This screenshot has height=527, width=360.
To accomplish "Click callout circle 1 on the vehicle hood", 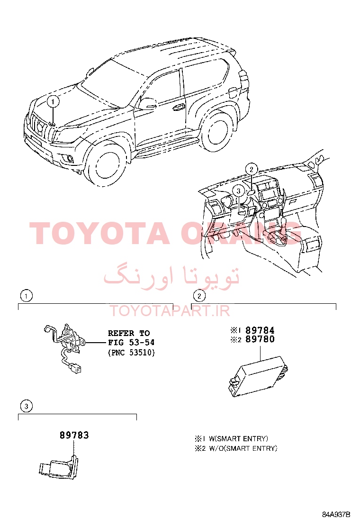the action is (53, 101).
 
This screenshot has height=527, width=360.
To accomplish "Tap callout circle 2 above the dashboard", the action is (252, 169).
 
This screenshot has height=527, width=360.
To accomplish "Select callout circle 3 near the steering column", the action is (238, 191).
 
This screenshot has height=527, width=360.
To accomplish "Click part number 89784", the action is (260, 330).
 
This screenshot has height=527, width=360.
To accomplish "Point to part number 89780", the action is (260, 339).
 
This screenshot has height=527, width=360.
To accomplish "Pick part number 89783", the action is (74, 435).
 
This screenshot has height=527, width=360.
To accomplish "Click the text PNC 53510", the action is (131, 353).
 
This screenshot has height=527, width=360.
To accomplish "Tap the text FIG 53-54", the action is (131, 343).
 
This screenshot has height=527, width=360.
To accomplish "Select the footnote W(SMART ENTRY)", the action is (238, 438).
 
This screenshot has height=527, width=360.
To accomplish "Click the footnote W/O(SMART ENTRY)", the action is (243, 448).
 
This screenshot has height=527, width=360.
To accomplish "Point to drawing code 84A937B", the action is (336, 514).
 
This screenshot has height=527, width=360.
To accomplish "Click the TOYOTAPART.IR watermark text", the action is (170, 311).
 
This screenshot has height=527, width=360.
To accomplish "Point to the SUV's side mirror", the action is (148, 103).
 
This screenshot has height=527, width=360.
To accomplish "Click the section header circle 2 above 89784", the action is (199, 296).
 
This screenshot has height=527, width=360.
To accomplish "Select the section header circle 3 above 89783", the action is (26, 406).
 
